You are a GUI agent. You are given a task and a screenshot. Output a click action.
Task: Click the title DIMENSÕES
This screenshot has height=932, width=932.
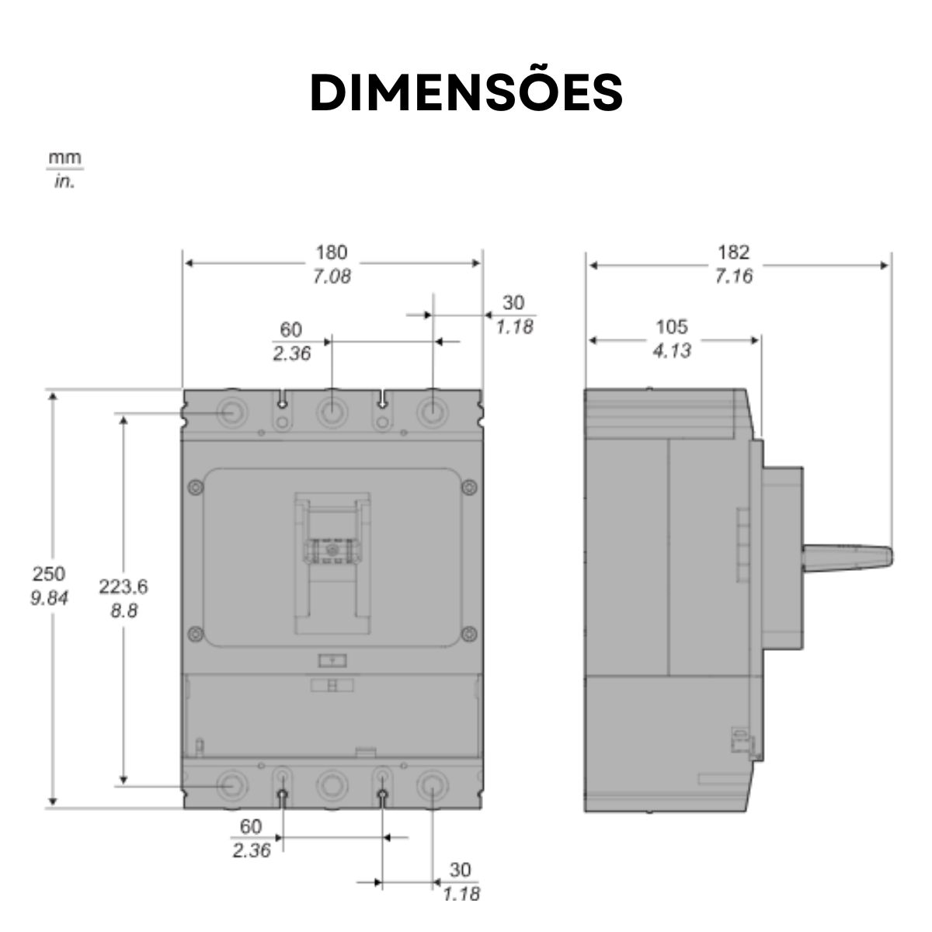coord(466,93)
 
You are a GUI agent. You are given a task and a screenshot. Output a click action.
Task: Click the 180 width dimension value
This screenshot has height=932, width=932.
coord(332,252)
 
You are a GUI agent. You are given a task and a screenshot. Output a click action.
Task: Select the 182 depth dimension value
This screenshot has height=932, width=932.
coord(733,252)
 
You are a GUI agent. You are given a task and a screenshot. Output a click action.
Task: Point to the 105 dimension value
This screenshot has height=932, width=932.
coord(671,327)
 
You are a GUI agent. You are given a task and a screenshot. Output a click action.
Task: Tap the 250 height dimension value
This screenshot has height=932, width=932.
coord(49,574)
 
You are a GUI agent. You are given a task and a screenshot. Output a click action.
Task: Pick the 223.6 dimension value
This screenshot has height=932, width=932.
coord(123,587)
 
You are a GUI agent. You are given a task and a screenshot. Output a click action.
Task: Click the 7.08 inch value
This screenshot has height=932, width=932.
coord(332,276)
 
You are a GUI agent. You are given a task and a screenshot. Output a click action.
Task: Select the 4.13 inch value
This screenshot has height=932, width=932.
coord(671,351)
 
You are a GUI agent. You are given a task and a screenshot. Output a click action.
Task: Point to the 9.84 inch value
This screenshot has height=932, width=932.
coord(49,598)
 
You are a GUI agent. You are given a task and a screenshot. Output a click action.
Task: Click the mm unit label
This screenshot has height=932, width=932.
coord(65,158)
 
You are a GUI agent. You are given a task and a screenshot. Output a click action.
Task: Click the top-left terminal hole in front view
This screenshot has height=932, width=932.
coord(231,412)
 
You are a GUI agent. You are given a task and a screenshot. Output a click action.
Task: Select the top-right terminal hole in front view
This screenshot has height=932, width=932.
coord(432,412)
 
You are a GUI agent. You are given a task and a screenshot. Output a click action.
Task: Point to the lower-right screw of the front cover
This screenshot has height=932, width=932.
coord(468,634)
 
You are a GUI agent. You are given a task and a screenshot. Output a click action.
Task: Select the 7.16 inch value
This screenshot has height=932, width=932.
coord(733,276)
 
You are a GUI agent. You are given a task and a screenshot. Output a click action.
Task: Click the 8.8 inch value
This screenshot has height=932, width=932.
coord(123,610)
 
